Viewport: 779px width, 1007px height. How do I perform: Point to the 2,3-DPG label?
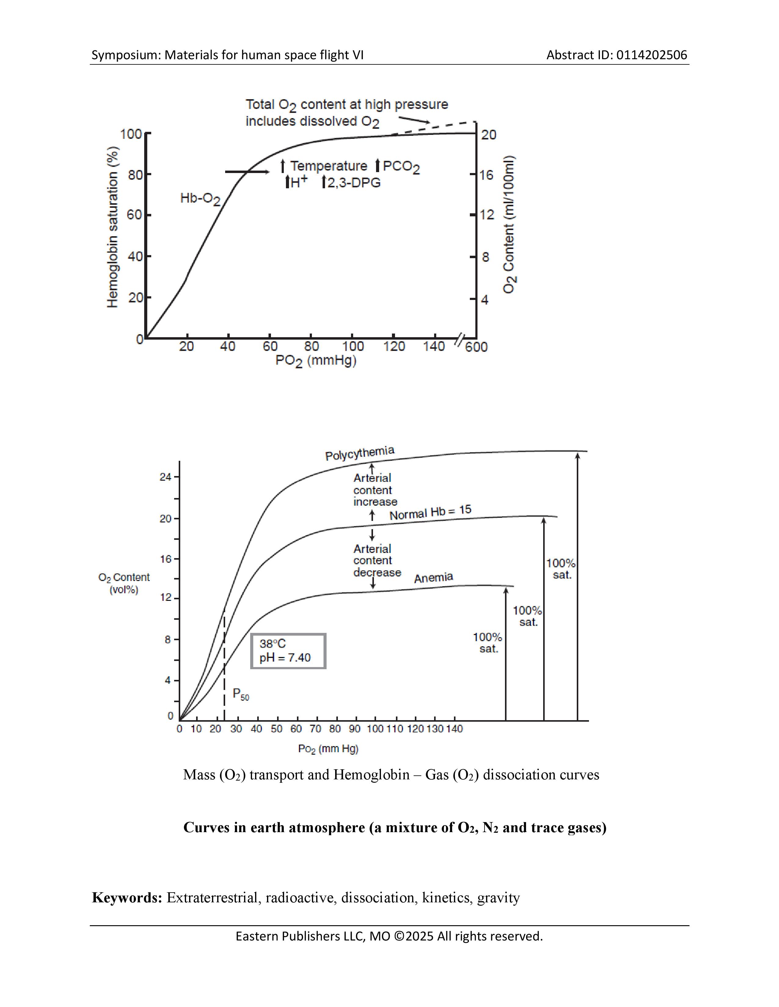(351, 183)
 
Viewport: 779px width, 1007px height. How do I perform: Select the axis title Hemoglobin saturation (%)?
(113, 227)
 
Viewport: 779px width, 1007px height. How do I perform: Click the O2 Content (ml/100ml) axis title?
(509, 225)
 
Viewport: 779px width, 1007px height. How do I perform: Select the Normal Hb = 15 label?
(430, 512)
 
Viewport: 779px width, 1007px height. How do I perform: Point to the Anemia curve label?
(433, 578)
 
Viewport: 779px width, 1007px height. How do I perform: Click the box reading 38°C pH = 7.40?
(288, 651)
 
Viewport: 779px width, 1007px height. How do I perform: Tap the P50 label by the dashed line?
(240, 694)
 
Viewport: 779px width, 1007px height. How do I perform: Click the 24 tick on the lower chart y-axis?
(165, 477)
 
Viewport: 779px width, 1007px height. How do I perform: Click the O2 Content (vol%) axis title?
(124, 583)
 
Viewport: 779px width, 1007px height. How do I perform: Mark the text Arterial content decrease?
(377, 561)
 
